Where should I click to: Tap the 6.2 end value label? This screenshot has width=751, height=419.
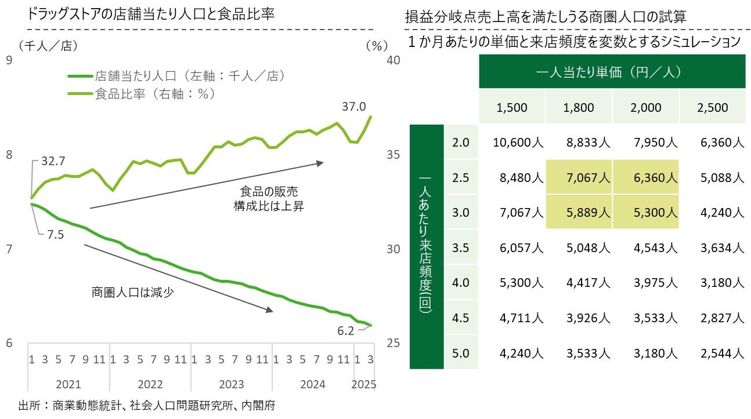(x=345, y=331)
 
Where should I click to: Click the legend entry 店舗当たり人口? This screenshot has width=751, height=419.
(x=189, y=75)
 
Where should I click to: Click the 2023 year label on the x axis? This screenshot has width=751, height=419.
(x=231, y=384)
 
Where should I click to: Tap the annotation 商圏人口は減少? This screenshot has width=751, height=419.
(x=133, y=292)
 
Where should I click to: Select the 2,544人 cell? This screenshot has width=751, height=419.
(x=721, y=353)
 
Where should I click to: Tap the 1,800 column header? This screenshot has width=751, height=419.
(x=578, y=107)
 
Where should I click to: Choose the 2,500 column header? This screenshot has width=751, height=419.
(x=713, y=107)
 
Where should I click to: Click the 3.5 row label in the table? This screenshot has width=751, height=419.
(x=460, y=248)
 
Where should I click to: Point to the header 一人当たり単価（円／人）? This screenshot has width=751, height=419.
(x=612, y=72)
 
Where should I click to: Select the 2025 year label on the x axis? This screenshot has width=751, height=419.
(x=364, y=384)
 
